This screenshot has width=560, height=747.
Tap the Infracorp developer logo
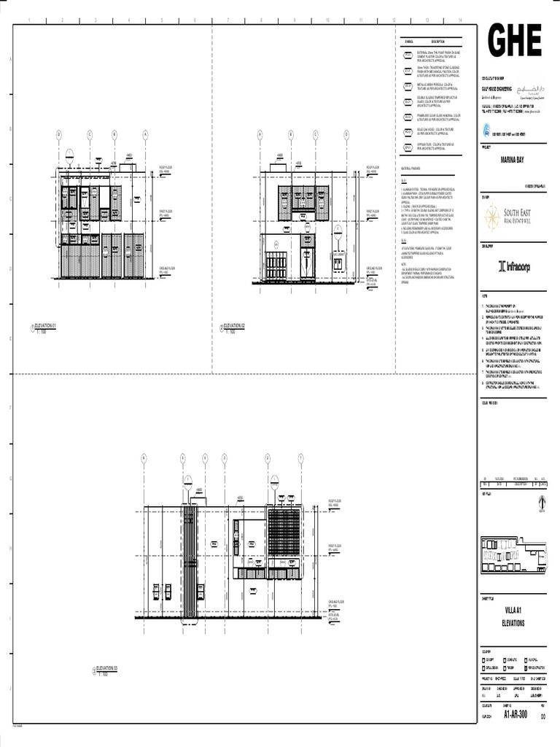513,266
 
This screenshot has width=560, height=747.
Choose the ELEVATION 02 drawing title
234,325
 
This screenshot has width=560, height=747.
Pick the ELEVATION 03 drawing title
106,668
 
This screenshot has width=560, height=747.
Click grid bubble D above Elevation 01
59,134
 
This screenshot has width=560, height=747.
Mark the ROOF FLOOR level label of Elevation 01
167,168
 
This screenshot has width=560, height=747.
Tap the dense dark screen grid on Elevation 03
284,532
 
